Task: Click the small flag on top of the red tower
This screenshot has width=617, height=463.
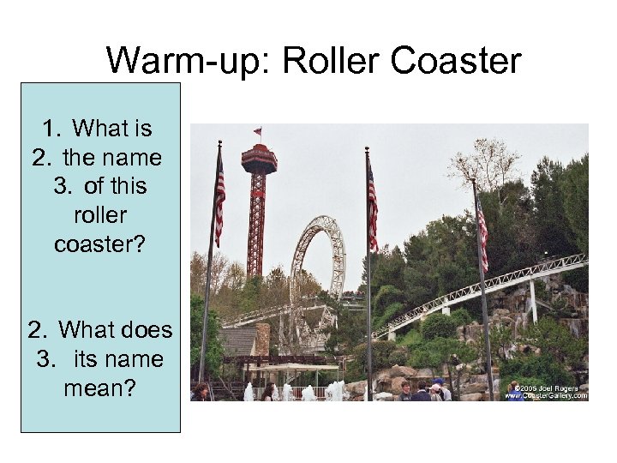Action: click(257, 132)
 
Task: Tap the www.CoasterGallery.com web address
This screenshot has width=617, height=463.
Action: click(546, 396)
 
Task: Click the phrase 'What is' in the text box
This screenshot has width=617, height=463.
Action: click(111, 129)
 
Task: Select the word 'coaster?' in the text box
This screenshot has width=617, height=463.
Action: click(100, 244)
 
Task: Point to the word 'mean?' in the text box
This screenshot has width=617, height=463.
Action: click(100, 388)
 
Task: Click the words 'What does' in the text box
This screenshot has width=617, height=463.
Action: click(115, 330)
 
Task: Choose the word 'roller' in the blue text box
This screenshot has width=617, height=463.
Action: click(100, 215)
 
